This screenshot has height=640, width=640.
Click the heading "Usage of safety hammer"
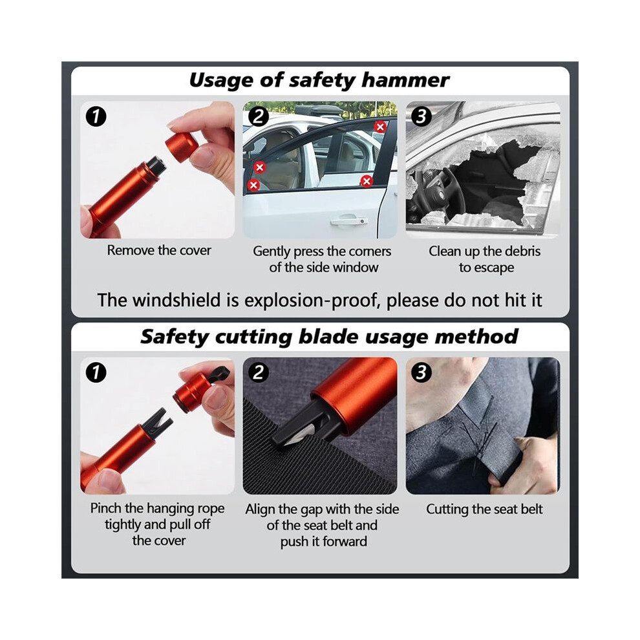(x=319, y=80)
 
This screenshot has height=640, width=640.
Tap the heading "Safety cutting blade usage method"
(x=329, y=337)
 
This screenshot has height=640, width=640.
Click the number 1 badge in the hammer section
(x=96, y=116)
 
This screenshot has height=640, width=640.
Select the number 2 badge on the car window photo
(x=259, y=116)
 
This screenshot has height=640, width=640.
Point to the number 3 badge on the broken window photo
(x=421, y=116)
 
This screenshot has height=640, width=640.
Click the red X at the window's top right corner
(x=380, y=127)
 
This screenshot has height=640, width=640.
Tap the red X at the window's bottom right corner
(x=367, y=181)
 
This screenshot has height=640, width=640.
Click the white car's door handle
(x=349, y=221)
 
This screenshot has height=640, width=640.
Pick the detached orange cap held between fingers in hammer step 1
(x=182, y=147)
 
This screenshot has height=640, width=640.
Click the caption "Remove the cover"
(x=159, y=250)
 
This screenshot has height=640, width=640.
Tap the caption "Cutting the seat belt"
(x=484, y=509)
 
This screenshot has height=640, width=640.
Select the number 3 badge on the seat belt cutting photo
(x=421, y=372)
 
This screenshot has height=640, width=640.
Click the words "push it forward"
(x=323, y=542)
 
